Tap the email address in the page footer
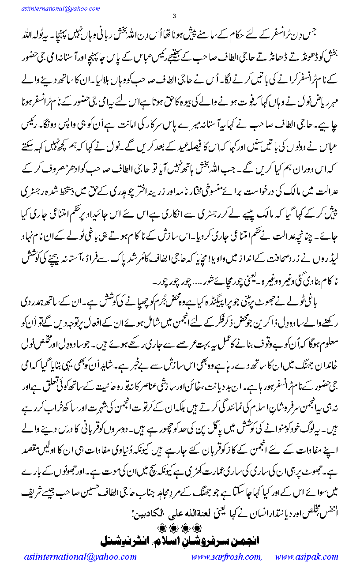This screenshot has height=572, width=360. pyautogui.click(x=81, y=557)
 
